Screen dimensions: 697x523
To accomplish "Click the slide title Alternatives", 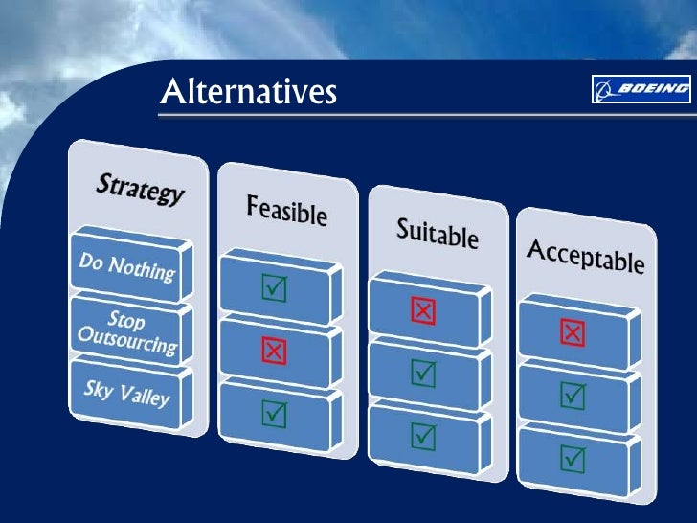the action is (248, 92).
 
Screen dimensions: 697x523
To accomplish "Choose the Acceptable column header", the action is (585, 255).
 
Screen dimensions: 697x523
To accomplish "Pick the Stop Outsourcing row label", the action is (127, 331).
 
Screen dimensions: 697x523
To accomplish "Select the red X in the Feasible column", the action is (274, 352).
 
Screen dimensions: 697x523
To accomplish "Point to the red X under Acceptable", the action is (572, 332).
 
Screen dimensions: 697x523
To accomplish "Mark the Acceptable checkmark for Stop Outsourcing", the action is (572, 395).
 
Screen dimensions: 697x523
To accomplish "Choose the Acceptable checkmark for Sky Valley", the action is (573, 458).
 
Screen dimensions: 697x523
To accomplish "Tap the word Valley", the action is (144, 395).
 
